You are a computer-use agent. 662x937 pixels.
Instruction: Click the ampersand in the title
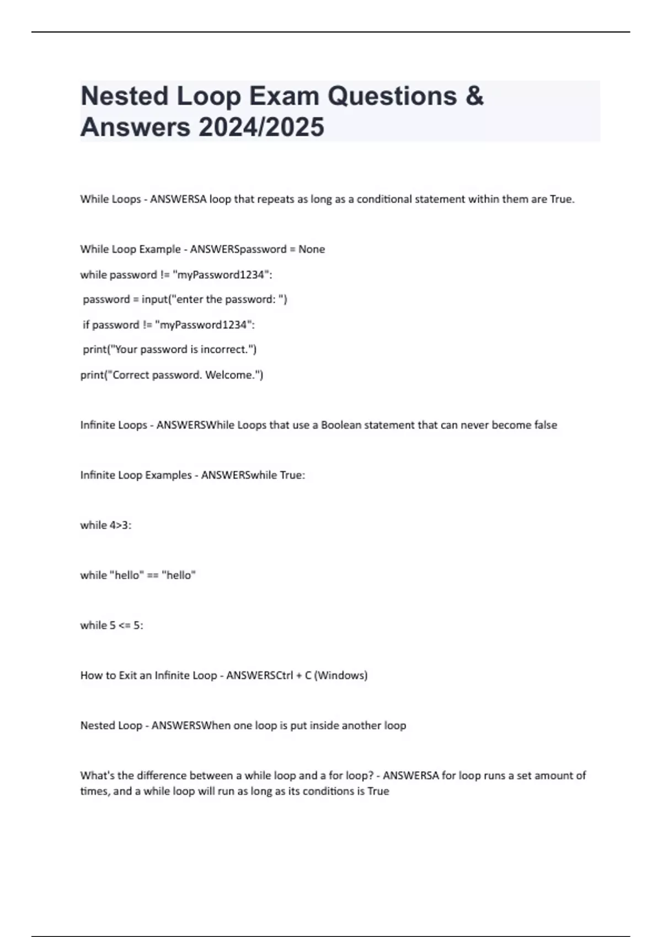click(x=474, y=96)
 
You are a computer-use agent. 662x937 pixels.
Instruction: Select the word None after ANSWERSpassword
click(x=312, y=249)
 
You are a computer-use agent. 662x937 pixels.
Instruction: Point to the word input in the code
click(x=154, y=299)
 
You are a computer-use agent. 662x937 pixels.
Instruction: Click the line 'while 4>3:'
click(x=106, y=525)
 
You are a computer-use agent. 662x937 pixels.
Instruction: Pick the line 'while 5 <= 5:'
click(x=112, y=625)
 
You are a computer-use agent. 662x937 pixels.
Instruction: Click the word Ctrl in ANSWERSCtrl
click(x=282, y=675)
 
